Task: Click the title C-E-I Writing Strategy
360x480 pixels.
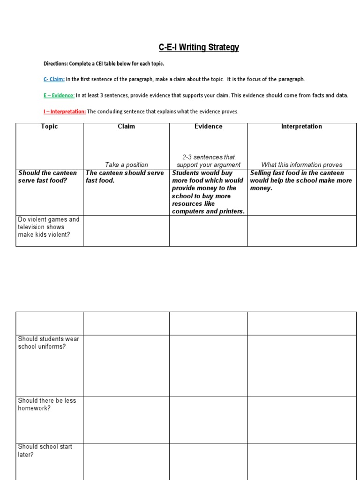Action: click(x=199, y=47)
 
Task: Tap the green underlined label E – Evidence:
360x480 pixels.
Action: click(x=59, y=95)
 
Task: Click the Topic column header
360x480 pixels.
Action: click(x=49, y=127)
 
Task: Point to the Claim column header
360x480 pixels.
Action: click(x=126, y=127)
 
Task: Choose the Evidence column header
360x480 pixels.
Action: click(x=208, y=127)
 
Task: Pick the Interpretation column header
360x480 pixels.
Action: click(x=301, y=127)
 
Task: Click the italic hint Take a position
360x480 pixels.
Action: click(x=126, y=165)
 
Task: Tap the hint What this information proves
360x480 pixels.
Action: click(x=301, y=165)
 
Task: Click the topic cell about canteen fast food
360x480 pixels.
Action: click(x=47, y=177)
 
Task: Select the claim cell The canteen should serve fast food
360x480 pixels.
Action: click(x=125, y=177)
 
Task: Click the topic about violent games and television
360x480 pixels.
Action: click(x=48, y=227)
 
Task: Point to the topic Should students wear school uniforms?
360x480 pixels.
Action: click(x=48, y=343)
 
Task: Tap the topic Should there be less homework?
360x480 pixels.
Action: click(x=47, y=404)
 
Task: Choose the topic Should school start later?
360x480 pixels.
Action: click(x=45, y=450)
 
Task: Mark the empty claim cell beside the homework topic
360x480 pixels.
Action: click(x=126, y=420)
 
